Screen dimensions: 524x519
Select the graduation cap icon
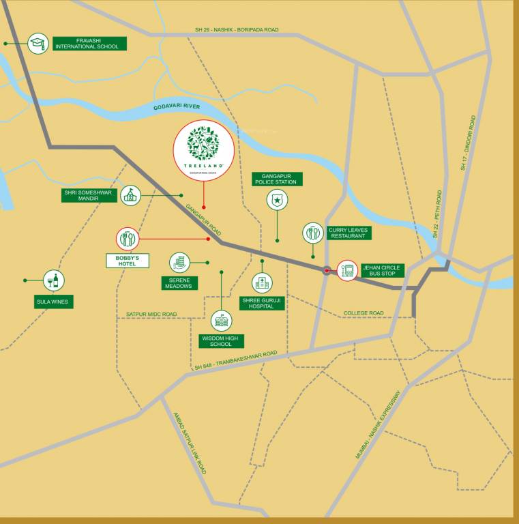point(38,44)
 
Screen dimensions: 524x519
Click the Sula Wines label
point(54,301)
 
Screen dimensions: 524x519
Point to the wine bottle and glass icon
point(54,280)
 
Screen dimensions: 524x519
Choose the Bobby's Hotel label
point(128,260)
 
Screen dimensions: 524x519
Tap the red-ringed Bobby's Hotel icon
point(128,239)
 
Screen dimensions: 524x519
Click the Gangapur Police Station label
point(277,179)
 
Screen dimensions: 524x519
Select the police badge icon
point(277,200)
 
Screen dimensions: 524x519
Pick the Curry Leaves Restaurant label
point(349,233)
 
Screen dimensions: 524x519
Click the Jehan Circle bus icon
point(347,270)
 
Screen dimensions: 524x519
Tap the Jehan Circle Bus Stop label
point(383,270)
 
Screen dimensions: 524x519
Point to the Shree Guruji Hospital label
point(262,303)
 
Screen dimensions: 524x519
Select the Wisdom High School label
point(221,341)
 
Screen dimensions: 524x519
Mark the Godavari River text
point(177,107)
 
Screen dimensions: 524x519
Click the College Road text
point(364,313)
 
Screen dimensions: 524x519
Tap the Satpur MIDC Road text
point(151,315)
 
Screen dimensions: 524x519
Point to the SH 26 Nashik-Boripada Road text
point(237,30)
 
